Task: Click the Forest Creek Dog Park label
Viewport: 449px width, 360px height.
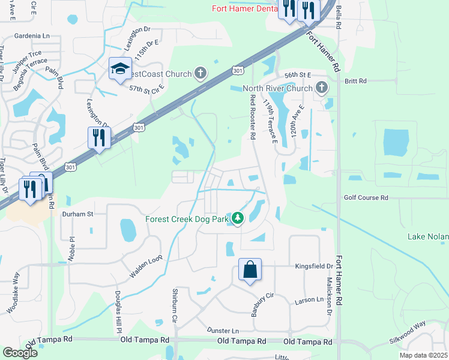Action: coord(187,219)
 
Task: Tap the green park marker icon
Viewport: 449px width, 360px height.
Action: coord(238,218)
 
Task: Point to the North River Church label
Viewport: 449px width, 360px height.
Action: coord(277,89)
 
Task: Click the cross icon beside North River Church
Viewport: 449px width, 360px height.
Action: coord(322,88)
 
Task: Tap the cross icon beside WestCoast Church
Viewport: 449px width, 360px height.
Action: coord(200,74)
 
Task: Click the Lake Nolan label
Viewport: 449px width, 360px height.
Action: coord(427,236)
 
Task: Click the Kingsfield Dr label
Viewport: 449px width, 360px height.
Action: coord(313,266)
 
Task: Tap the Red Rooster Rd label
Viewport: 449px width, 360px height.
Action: coord(253,117)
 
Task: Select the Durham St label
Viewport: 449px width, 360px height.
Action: coord(79,213)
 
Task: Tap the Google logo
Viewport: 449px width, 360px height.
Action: coord(20,352)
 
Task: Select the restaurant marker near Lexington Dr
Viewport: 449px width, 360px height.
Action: coord(97,137)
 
